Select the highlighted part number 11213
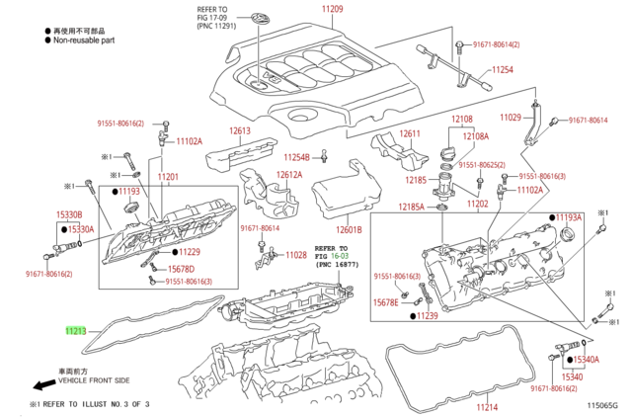75,332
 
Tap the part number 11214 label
487,406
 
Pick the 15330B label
68,213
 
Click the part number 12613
241,131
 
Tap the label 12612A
288,175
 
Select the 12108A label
477,136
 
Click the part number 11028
295,255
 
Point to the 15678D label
181,269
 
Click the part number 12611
410,134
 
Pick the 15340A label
587,360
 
